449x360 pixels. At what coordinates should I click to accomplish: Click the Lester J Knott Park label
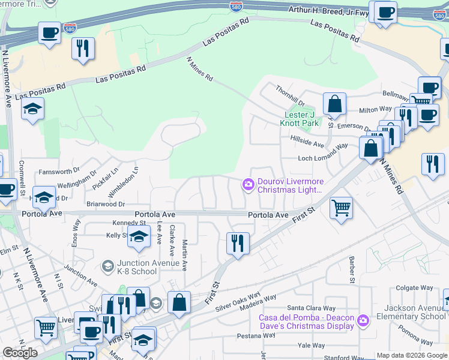[x=299, y=119]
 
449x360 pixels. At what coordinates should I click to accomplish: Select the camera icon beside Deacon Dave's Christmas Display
[x=362, y=321]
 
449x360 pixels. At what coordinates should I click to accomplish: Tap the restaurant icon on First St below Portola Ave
[x=238, y=244]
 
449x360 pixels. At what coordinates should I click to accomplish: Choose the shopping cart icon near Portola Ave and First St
[x=341, y=208]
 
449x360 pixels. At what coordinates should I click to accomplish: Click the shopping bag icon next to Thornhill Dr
[x=334, y=103]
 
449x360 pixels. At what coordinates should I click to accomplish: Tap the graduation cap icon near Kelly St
[x=139, y=238]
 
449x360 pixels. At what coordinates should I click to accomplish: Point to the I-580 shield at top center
[x=237, y=7]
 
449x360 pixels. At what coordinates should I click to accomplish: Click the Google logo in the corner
[x=20, y=353]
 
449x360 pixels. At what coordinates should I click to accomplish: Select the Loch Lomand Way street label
[x=323, y=158]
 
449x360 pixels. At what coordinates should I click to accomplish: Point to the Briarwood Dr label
[x=105, y=204]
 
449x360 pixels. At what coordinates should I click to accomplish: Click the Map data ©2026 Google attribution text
[x=412, y=355]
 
